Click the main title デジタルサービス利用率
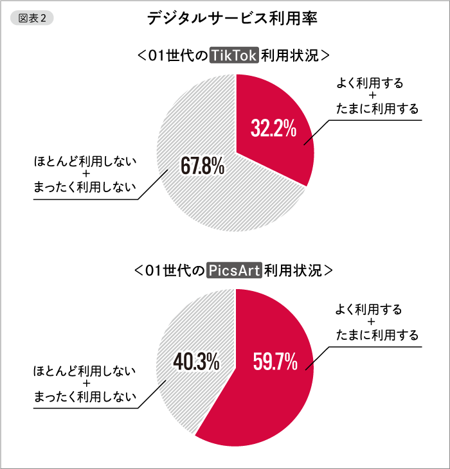click(232, 19)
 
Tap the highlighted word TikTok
click(234, 56)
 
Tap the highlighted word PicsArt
click(235, 270)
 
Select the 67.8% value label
click(202, 168)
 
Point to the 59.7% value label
click(275, 363)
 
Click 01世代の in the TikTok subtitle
click(178, 56)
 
